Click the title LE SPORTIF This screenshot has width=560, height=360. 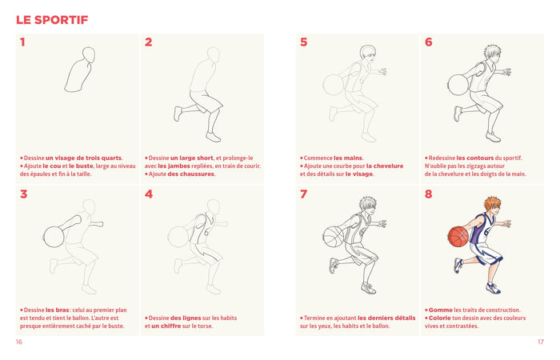(52, 19)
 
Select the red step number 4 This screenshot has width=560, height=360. (149, 194)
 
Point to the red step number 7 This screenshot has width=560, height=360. (303, 194)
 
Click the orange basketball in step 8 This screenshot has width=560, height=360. (458, 236)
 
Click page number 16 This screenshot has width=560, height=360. (19, 342)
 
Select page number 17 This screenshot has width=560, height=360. (540, 342)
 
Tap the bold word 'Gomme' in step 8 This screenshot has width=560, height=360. (439, 310)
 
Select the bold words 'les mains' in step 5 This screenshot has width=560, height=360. (346, 158)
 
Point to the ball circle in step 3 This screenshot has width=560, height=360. (53, 237)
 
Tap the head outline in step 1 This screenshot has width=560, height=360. (93, 57)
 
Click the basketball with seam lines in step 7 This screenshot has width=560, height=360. (334, 237)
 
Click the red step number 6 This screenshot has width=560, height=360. (428, 42)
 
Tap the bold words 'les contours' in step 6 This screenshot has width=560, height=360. (474, 158)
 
